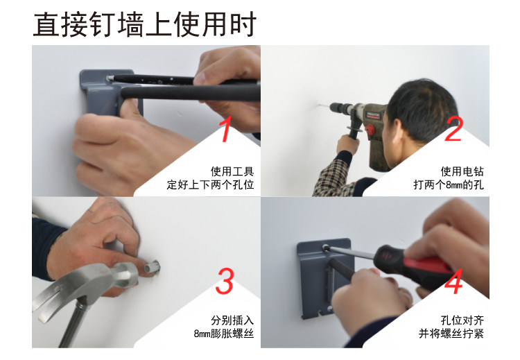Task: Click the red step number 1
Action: point(226,129)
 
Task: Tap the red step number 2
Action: point(453,129)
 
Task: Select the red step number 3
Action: point(225,282)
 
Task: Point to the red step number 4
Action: point(453,282)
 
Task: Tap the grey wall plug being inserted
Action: point(153,267)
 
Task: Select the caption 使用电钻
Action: point(462,171)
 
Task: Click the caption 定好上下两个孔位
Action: point(210,185)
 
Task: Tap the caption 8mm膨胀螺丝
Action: point(224,334)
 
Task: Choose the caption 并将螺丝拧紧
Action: point(451,334)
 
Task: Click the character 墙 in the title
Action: point(131,24)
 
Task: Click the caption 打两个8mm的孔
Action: point(449,185)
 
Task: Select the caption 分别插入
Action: point(232,320)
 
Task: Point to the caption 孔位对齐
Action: point(462,320)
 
